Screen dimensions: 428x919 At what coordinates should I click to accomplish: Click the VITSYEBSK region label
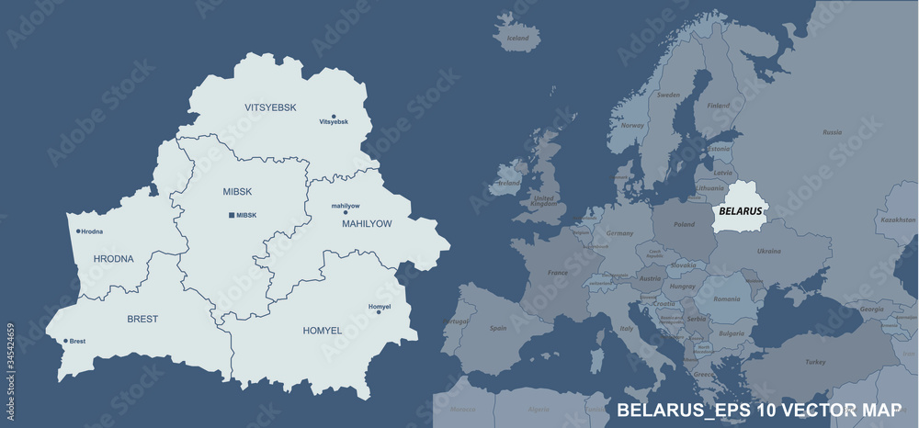270,107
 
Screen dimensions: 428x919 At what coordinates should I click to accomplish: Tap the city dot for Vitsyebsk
334,115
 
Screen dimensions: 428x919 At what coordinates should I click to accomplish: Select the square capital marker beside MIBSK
231,215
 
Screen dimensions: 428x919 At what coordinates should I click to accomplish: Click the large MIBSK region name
236,191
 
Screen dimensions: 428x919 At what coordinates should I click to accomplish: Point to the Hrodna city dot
78,231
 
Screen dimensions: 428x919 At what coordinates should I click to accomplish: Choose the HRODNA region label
113,259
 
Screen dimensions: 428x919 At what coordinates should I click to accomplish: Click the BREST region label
142,319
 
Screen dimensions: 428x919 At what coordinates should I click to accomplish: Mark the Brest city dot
65,341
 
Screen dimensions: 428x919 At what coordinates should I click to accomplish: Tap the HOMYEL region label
322,329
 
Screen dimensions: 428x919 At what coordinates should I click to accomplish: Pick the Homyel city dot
379,312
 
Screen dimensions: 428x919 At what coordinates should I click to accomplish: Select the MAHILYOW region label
367,223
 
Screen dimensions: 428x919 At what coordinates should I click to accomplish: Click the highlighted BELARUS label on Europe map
740,210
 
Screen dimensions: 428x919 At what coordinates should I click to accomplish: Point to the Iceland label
518,39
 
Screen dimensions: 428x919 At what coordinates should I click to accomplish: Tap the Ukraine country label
768,251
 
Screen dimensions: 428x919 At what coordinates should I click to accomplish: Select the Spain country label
498,328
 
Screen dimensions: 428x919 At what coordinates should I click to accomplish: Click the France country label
558,273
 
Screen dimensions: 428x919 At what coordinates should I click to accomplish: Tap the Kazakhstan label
897,220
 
